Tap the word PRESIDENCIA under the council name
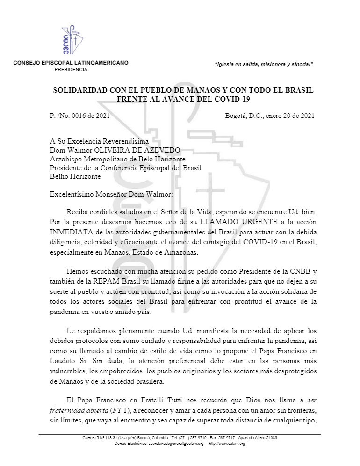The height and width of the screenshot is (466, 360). point(71,69)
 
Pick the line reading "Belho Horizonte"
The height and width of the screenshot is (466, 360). point(75,176)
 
